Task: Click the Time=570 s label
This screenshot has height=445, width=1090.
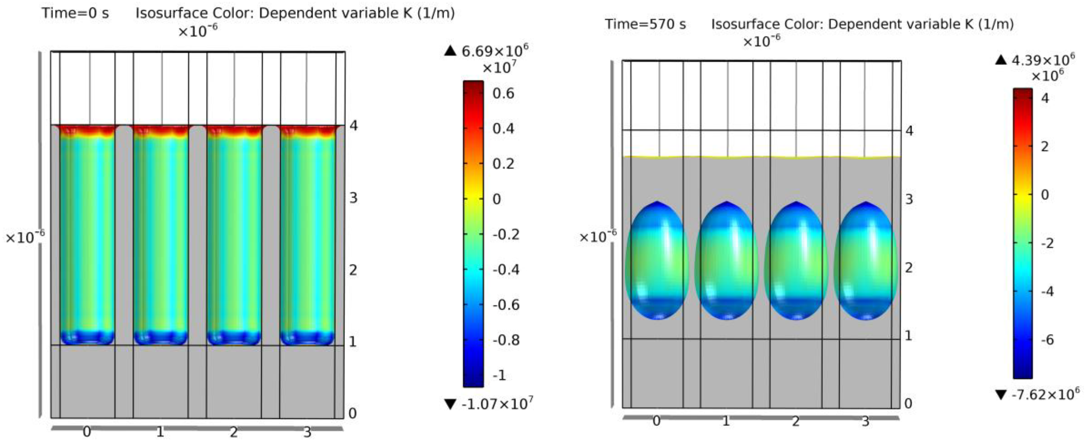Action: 645,25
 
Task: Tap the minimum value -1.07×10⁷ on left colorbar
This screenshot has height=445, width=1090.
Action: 496,404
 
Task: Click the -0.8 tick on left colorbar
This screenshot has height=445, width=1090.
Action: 506,340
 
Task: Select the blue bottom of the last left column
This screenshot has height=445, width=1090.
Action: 307,337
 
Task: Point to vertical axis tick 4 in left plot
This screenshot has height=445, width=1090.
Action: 353,126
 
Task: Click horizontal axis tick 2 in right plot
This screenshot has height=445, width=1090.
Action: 795,421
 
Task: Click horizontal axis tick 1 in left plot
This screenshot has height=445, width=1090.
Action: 160,432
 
